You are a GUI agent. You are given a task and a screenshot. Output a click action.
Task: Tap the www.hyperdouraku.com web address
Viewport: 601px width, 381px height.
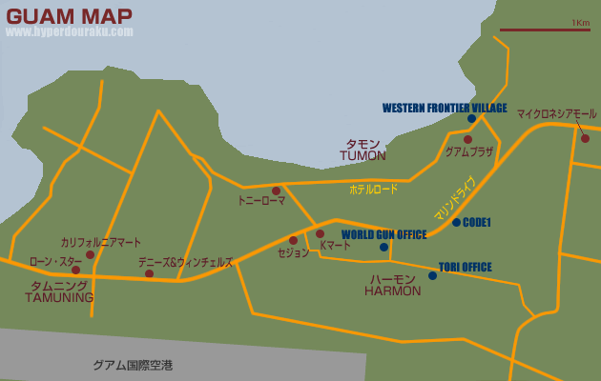[x=70, y=31]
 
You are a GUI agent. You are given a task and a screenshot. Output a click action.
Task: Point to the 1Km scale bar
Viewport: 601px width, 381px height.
[x=544, y=30]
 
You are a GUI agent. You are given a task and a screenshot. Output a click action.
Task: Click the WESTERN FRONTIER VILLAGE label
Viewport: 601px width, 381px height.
[x=445, y=108]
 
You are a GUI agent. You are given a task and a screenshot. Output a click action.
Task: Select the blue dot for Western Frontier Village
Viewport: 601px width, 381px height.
[x=471, y=119]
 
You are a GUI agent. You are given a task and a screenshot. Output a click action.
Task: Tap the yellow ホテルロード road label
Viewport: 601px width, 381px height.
[x=373, y=190]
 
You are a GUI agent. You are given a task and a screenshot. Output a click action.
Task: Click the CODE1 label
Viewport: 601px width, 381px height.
[x=476, y=222]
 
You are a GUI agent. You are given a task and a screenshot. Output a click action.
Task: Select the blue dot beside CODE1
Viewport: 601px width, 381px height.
[x=456, y=222]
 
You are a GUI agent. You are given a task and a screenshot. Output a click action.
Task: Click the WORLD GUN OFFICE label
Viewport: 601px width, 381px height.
[x=383, y=234]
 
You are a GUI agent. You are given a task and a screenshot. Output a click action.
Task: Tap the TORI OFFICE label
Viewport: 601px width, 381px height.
[x=466, y=267]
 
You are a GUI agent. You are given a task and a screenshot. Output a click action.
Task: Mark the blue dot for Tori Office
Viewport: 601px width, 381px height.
[x=432, y=276]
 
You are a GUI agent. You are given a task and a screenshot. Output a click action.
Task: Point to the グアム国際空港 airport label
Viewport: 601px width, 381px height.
[x=133, y=365]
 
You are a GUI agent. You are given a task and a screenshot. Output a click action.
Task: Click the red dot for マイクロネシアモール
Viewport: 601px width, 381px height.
[x=585, y=139]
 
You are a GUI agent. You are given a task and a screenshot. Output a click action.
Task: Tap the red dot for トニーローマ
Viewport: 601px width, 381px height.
[x=276, y=190]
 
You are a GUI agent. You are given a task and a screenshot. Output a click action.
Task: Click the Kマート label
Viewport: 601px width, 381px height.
[x=335, y=246]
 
